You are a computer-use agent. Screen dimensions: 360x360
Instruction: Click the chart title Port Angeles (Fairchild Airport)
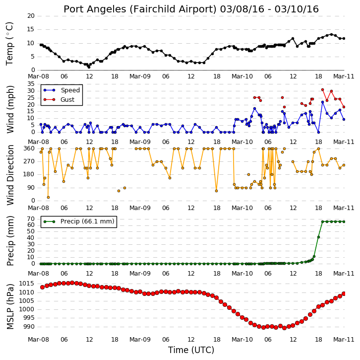click(140, 9)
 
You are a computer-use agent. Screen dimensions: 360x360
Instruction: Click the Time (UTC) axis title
click(191, 350)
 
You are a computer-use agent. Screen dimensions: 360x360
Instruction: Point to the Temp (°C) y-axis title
click(9, 44)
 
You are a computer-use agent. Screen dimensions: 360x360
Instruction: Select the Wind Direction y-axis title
click(10, 175)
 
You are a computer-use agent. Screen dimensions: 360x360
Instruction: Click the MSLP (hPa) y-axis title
click(10, 307)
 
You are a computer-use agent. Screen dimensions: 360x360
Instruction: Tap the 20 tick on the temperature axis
click(31, 16)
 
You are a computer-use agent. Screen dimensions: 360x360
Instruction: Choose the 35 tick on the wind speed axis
click(31, 84)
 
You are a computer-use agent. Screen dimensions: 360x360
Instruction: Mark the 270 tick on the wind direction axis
click(29, 161)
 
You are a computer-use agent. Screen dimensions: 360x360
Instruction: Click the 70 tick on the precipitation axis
click(31, 218)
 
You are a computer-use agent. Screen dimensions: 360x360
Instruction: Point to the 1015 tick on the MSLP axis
click(26, 284)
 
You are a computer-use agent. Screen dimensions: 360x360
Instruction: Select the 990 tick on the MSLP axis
click(28, 327)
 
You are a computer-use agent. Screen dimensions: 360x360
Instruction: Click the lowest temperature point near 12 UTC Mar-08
click(89, 67)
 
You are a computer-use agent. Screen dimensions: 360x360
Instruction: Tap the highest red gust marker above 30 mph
click(323, 90)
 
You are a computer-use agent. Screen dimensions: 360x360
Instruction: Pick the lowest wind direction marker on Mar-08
click(48, 197)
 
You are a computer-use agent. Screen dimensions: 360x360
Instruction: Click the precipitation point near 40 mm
click(318, 237)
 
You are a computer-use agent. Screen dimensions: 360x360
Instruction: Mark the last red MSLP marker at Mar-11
click(344, 293)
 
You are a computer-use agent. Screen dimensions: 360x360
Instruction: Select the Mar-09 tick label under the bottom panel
click(140, 339)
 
